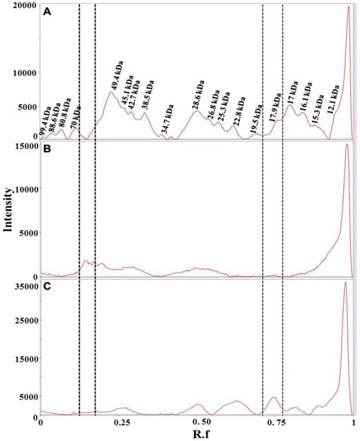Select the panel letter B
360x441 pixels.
coord(48,150)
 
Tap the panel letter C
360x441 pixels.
coord(48,288)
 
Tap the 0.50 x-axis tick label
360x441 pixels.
coord(201,422)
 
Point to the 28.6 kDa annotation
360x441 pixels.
coord(197,94)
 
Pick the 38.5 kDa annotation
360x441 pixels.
coord(146,95)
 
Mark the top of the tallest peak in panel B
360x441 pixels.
coord(346,144)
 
